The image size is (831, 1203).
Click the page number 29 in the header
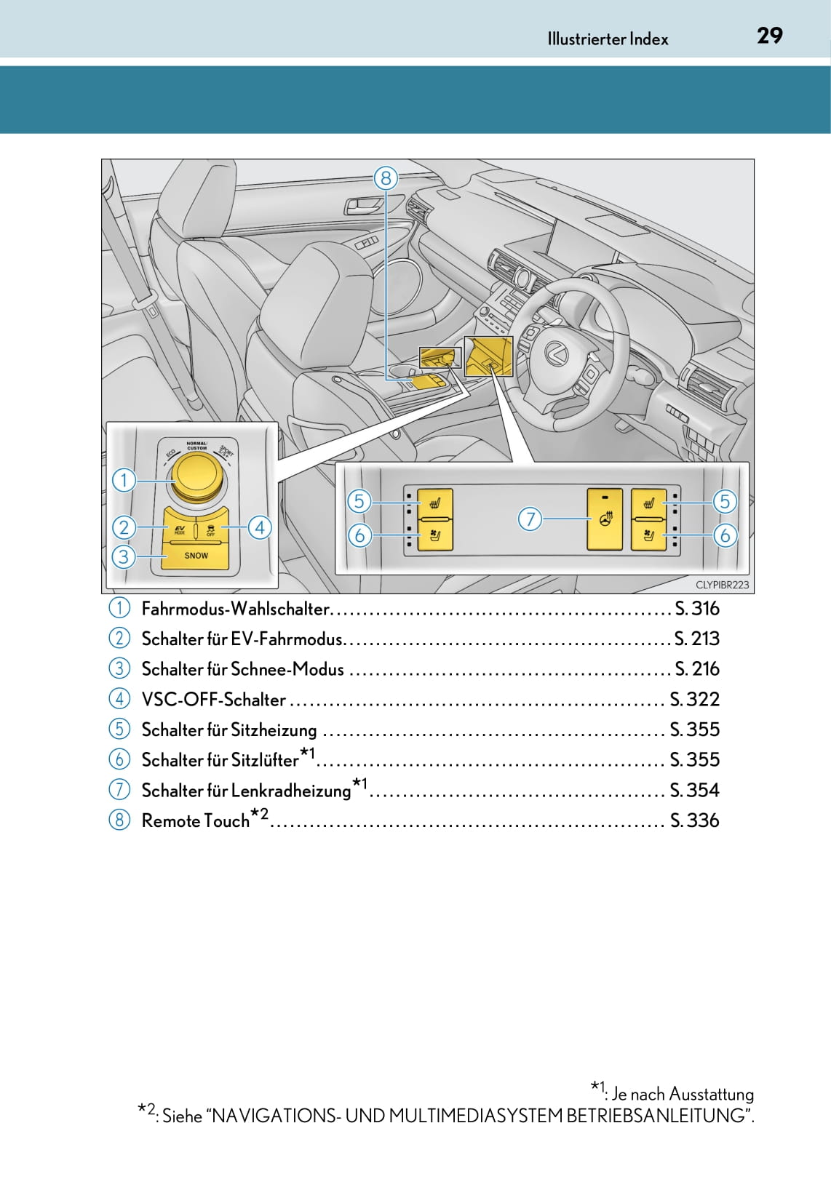[x=769, y=36]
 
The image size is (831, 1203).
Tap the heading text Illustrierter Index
[x=608, y=39]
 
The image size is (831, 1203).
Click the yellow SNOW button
[x=196, y=556]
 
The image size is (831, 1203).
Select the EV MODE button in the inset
[x=180, y=529]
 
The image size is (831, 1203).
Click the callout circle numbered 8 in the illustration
[x=386, y=177]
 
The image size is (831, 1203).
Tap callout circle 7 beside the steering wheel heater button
[x=530, y=519]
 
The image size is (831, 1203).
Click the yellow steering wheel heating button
[x=605, y=519]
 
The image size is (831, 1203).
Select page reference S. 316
[x=697, y=609]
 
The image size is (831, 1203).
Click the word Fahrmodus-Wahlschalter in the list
[x=236, y=609]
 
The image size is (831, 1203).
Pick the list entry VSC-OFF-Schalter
[x=213, y=700]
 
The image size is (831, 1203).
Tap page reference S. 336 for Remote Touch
[x=695, y=820]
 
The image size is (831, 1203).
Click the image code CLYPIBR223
[x=722, y=585]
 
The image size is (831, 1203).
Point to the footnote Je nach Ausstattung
[x=682, y=1094]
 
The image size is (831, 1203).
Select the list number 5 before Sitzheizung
[x=119, y=729]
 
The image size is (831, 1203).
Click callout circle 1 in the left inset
[x=124, y=480]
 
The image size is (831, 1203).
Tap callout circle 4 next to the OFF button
[x=260, y=527]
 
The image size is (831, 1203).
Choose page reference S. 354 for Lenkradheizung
[x=695, y=790]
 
